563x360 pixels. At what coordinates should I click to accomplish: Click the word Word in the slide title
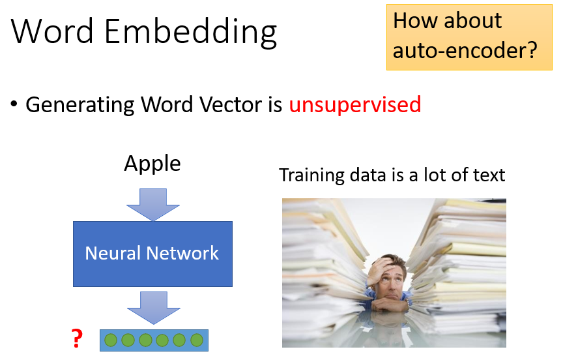(51, 32)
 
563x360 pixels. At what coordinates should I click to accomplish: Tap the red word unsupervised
(355, 104)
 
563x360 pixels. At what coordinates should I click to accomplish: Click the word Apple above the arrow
(152, 164)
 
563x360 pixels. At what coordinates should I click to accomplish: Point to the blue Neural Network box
(152, 253)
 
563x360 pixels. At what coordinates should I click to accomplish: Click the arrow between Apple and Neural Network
(152, 203)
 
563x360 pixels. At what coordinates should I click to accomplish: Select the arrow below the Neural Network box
(152, 307)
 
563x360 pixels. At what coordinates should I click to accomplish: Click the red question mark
(77, 338)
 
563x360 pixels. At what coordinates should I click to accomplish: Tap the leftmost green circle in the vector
(111, 340)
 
